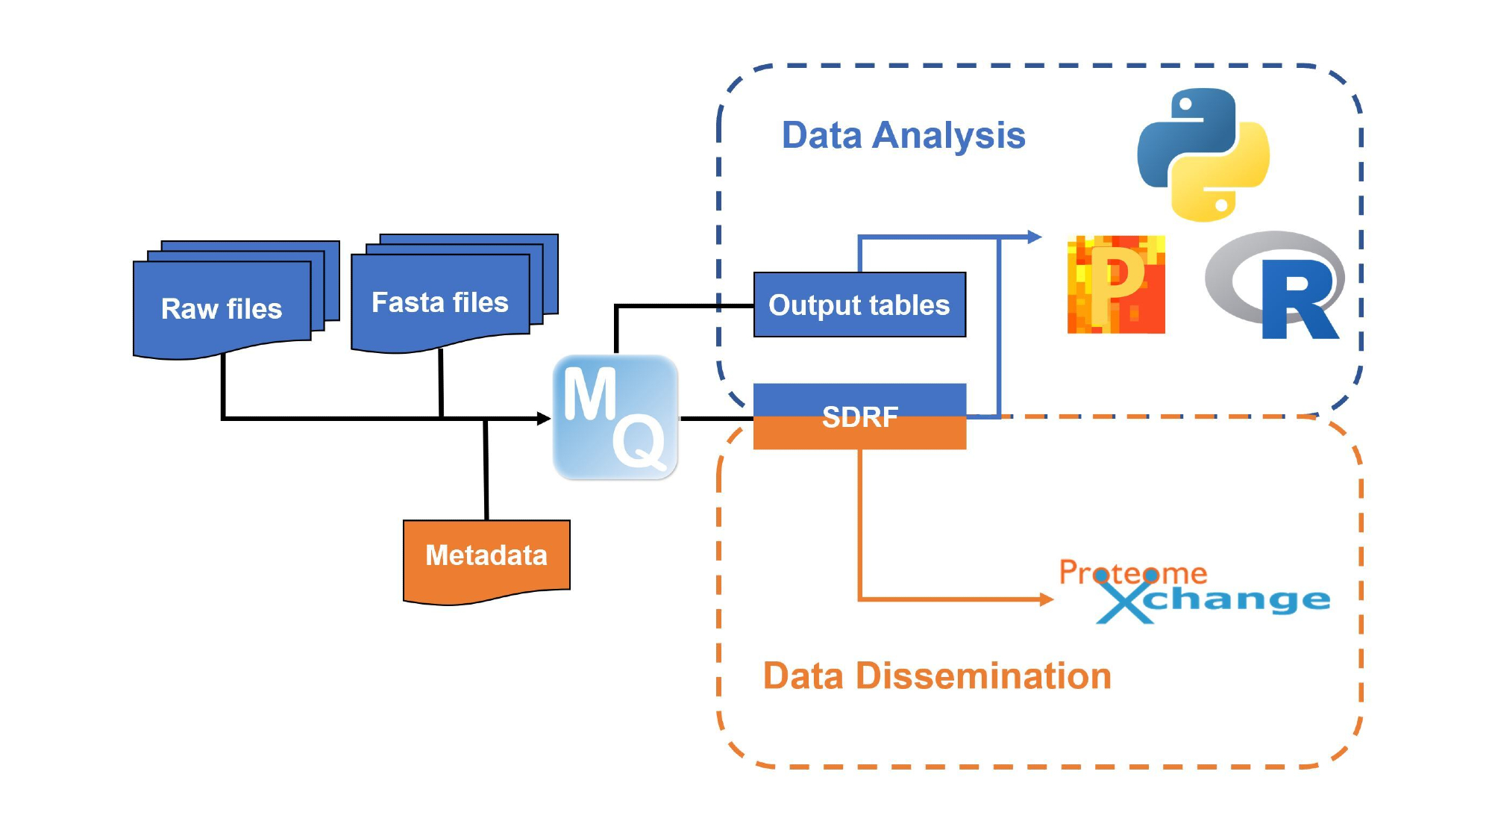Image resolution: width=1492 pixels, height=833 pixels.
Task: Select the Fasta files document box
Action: coord(440,303)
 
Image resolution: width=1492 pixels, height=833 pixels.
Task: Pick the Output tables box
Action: coord(859,305)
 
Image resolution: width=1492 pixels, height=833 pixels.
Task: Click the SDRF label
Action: coord(859,417)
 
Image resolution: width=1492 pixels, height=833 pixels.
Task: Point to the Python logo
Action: coord(1203,155)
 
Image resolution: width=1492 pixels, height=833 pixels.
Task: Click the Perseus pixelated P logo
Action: coord(1116,284)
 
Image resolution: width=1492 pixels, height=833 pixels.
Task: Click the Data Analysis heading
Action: coord(903,136)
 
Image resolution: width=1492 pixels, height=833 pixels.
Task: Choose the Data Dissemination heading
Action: coord(937,676)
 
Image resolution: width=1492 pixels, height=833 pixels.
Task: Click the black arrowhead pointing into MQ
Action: coord(544,419)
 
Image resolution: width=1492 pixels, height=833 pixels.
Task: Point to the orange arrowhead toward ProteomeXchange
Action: coord(1046,599)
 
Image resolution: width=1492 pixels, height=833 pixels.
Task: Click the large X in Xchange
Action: coord(1125,602)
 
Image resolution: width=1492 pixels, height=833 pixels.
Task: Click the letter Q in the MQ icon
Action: coord(639,442)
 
